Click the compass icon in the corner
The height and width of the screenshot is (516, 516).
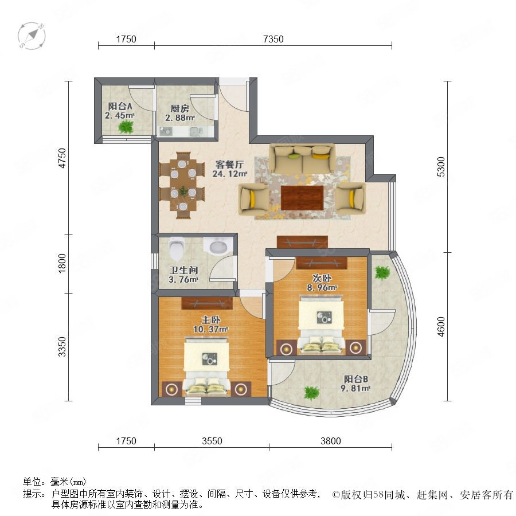click(x=32, y=36)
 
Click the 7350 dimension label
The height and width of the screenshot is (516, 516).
click(x=273, y=39)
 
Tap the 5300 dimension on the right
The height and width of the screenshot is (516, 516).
click(x=441, y=166)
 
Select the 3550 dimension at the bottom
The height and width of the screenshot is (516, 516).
click(x=212, y=441)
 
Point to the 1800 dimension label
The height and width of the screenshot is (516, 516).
click(x=62, y=263)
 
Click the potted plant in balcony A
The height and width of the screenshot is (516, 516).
click(x=126, y=127)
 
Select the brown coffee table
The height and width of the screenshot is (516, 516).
click(x=302, y=198)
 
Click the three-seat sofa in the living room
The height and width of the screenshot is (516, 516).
click(x=302, y=159)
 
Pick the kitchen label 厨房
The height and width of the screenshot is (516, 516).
click(x=179, y=108)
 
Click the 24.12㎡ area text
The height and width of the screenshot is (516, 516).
click(x=230, y=173)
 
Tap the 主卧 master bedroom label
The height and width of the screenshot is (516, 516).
click(x=210, y=319)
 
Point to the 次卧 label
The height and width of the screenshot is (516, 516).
click(x=322, y=278)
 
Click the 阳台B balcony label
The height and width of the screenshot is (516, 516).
click(x=355, y=379)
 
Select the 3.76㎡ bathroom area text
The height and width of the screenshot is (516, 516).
click(x=183, y=280)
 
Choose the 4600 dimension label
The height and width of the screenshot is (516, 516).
click(x=441, y=326)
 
